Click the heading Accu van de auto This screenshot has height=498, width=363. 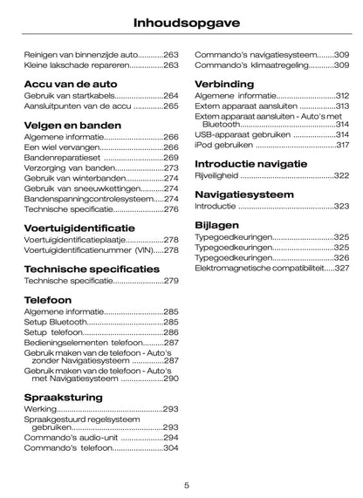tap(70, 83)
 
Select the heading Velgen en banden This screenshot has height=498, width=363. tap(72, 124)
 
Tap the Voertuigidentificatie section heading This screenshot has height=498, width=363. tap(79, 228)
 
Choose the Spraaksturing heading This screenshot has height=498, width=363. tap(64, 397)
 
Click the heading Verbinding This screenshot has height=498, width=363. tap(225, 84)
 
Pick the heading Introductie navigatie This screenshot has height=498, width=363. tap(250, 163)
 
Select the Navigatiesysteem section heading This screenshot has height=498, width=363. tap(244, 194)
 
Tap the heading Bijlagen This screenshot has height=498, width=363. tap(219, 224)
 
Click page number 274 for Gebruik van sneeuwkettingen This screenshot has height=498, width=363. tap(172, 188)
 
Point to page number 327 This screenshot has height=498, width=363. tap(342, 269)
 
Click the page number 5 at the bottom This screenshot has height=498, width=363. tap(187, 485)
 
